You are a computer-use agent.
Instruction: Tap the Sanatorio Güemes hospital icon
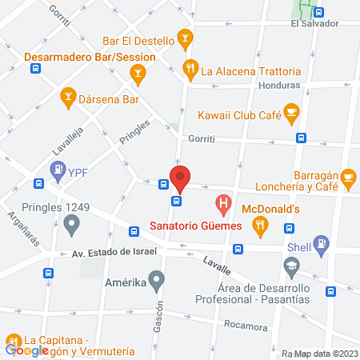[225, 205]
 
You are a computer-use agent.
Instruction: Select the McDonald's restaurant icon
[259, 227]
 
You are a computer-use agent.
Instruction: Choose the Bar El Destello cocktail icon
[186, 38]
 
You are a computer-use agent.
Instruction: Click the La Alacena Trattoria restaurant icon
[190, 69]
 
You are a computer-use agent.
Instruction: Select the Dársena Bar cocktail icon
[68, 99]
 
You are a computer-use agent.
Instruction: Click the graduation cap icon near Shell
[291, 265]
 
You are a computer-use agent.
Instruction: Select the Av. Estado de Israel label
[102, 253]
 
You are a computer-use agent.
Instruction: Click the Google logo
[27, 350]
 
